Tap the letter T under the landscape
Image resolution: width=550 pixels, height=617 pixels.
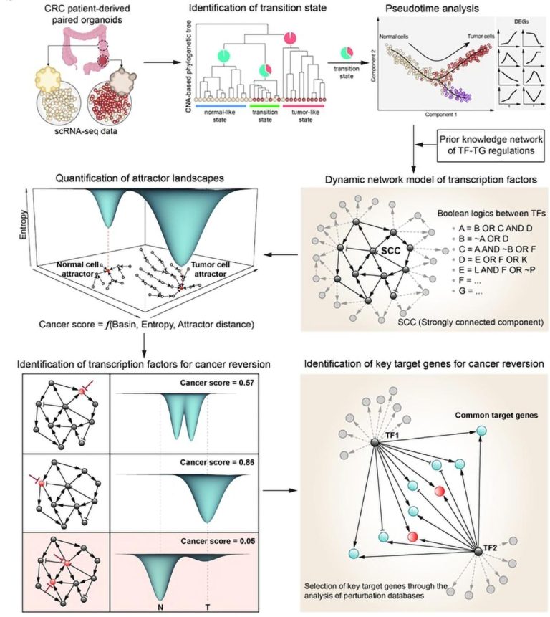(208, 606)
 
